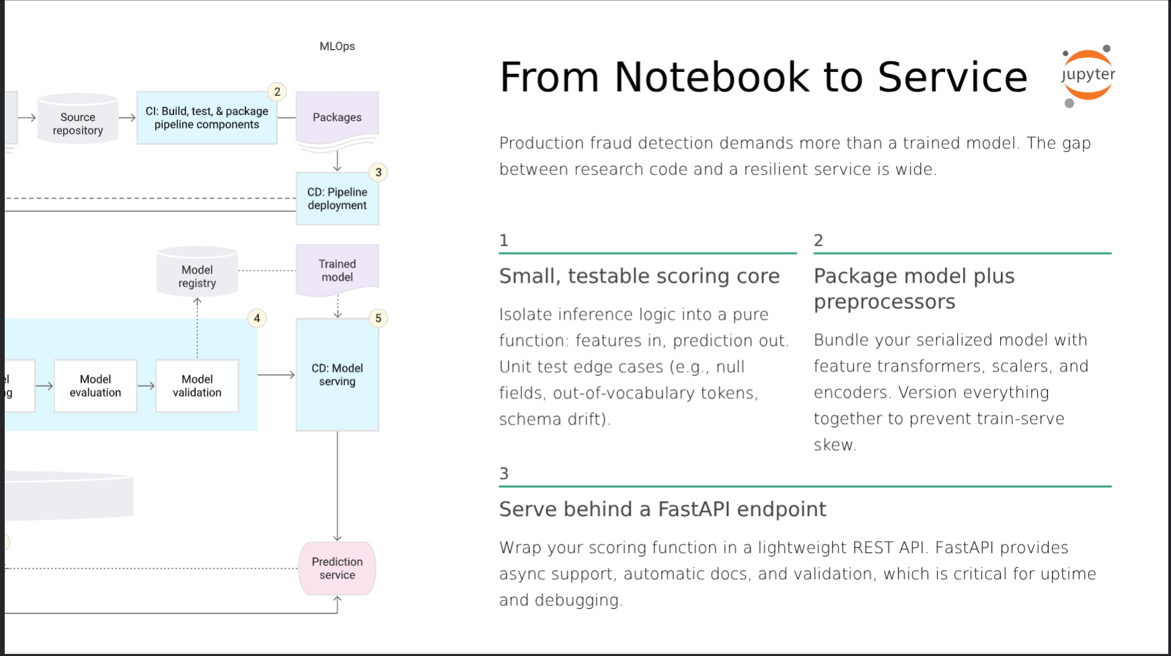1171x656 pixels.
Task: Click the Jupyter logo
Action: coord(1088,75)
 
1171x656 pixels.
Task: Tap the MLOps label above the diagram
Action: coord(337,46)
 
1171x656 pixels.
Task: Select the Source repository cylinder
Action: coord(78,119)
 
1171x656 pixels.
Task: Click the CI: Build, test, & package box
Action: coord(206,118)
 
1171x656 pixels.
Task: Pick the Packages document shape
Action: coord(337,118)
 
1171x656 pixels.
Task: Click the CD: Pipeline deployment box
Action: coord(337,198)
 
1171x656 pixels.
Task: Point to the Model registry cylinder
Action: coord(197,272)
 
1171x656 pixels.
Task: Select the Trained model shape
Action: coord(337,270)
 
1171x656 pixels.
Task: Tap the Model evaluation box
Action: coord(96,386)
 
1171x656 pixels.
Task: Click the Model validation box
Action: coord(197,386)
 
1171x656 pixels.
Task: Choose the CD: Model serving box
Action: coord(337,375)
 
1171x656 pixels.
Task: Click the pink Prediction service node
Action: coord(337,569)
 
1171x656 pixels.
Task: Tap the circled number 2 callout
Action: coord(277,92)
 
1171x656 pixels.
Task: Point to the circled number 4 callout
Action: coord(257,318)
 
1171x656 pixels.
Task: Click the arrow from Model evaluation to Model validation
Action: coord(146,386)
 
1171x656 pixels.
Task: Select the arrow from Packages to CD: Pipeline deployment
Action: coord(337,160)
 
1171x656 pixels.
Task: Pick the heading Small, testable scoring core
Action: coord(639,276)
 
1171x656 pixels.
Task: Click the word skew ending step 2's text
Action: coord(833,445)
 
